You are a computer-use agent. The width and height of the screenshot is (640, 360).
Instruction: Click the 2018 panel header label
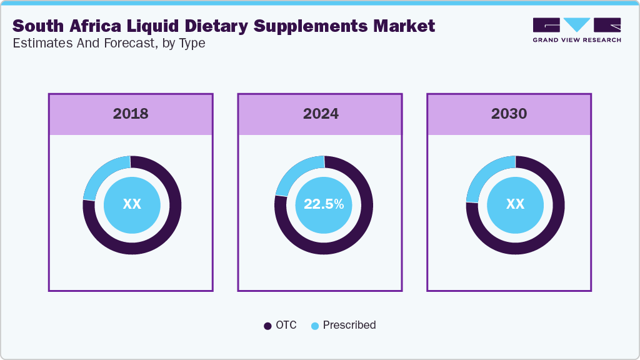pos(131,114)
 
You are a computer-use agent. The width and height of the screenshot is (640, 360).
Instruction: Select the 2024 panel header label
pos(321,114)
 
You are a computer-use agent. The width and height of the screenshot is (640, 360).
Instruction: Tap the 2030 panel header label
pos(509,114)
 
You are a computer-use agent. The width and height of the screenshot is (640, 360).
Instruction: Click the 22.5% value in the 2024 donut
pos(323,204)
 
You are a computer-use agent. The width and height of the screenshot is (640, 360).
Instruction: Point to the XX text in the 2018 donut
pos(132,204)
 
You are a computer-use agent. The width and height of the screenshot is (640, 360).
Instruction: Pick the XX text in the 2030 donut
pos(515,204)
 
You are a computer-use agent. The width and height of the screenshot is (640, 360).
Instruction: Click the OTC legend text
pos(286,325)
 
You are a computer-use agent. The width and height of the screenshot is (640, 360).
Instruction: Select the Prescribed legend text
pos(349,325)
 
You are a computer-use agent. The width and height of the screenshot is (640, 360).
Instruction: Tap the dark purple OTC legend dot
pos(267,326)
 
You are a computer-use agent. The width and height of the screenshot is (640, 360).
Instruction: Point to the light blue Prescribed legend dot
pos(315,326)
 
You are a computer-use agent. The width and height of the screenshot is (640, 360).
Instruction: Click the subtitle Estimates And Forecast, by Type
pos(109,43)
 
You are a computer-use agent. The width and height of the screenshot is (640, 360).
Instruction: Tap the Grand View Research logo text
pos(576,40)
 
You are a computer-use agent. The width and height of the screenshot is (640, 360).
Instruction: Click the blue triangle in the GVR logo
pos(577,24)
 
